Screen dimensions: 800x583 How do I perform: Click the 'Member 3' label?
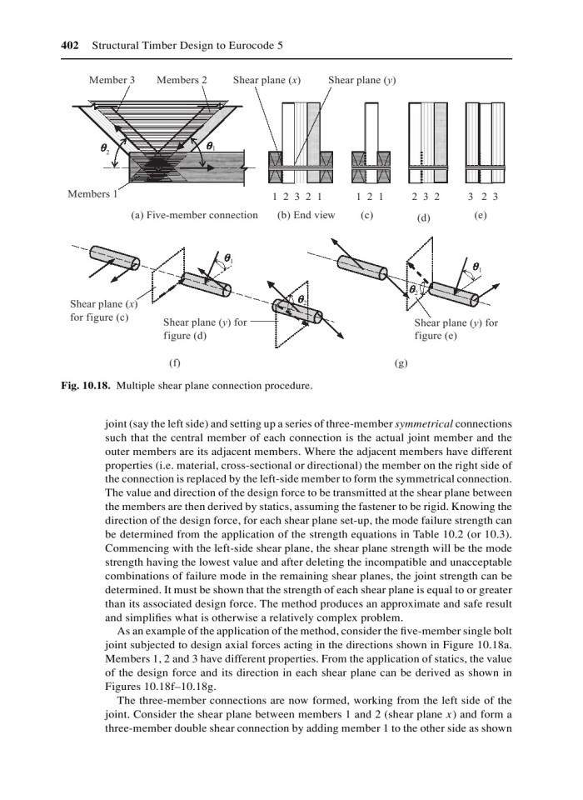coord(112,81)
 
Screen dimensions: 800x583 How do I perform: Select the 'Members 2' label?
coord(182,81)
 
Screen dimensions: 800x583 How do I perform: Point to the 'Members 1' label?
coord(92,196)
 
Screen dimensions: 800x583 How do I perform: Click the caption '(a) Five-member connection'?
coord(194,215)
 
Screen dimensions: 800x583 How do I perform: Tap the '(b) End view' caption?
coord(305,215)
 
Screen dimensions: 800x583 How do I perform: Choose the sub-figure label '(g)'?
coord(400,364)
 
